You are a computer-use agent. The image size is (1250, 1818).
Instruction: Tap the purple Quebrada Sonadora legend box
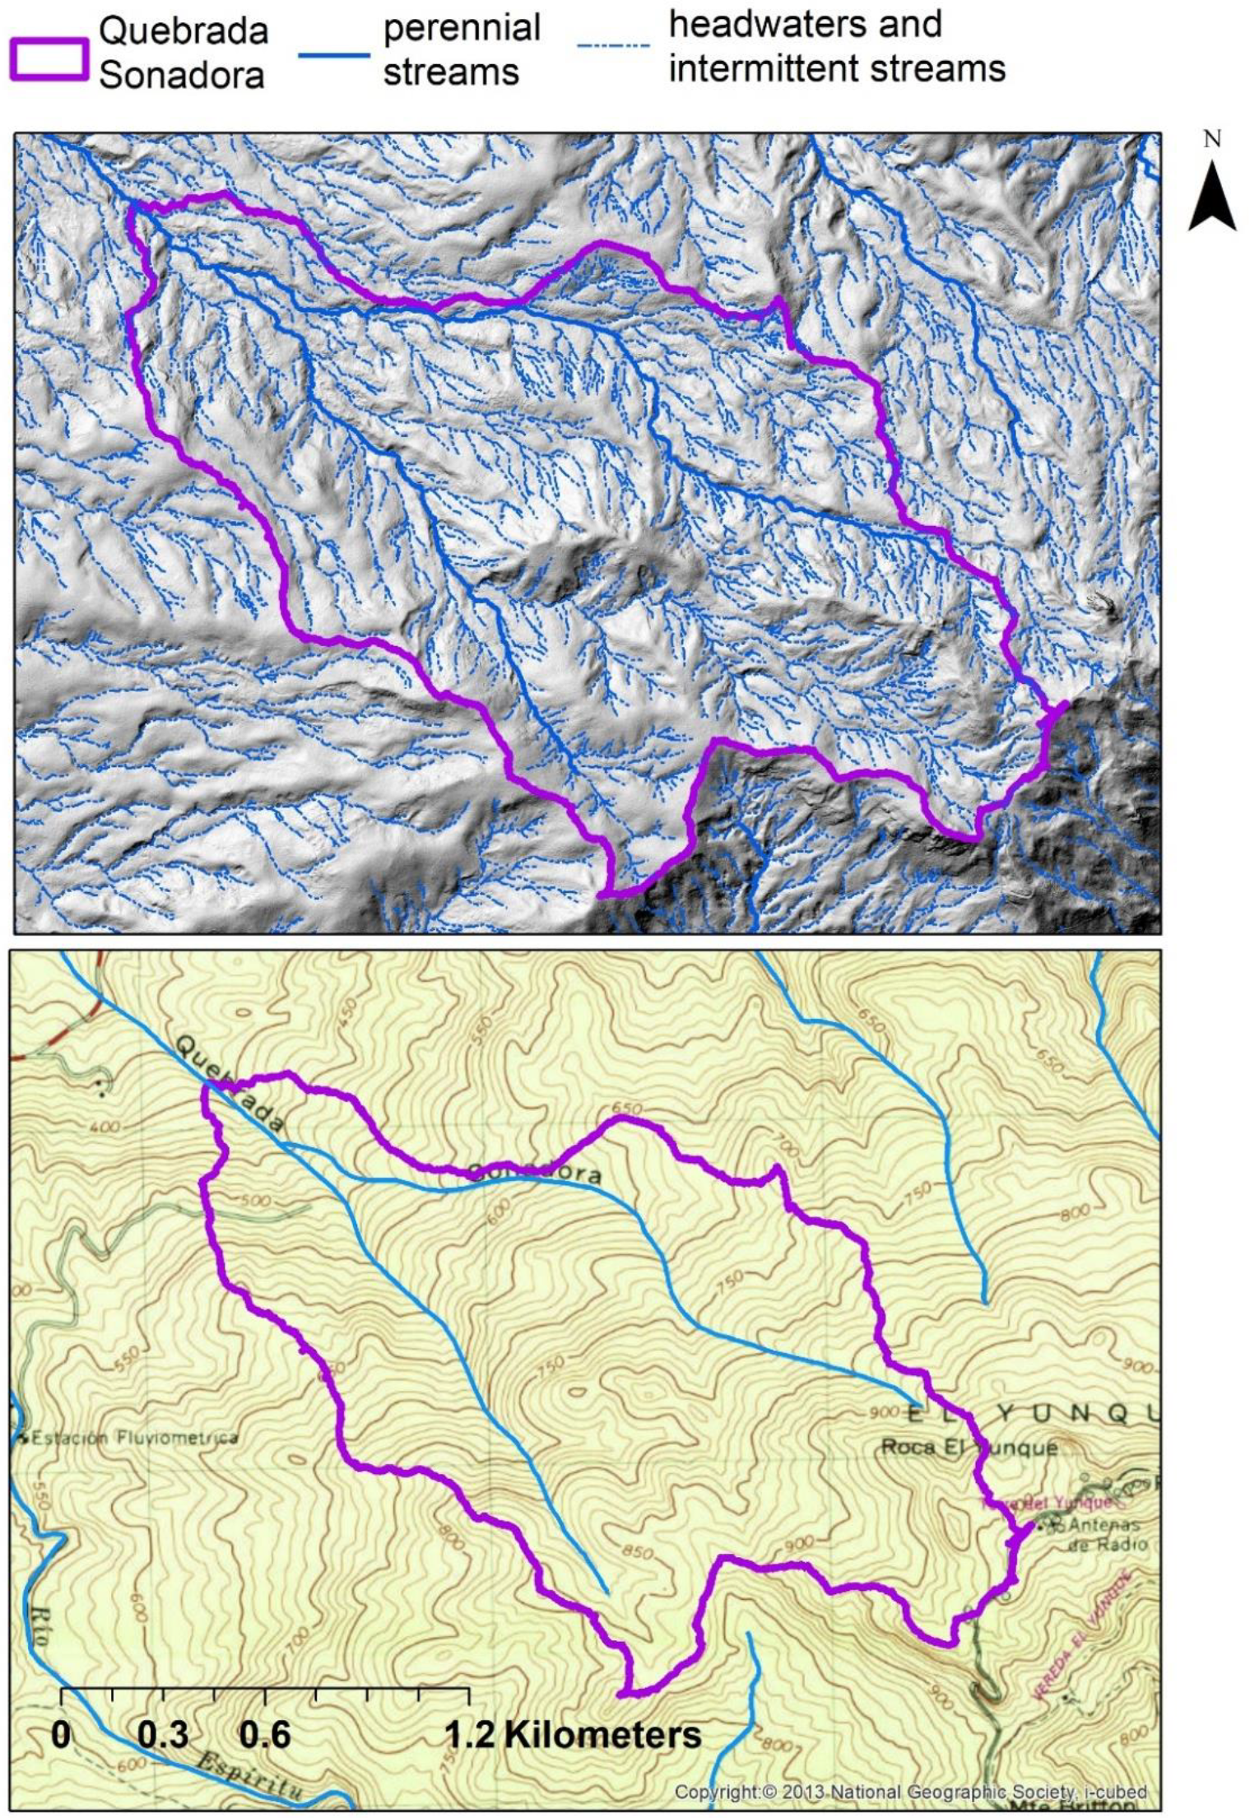[49, 59]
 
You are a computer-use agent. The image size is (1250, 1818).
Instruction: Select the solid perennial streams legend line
[332, 56]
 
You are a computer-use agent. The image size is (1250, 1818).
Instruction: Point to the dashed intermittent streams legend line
[613, 46]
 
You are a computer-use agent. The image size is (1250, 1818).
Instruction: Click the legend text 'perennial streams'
[462, 50]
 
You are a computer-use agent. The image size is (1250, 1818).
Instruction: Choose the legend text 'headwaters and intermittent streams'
[836, 47]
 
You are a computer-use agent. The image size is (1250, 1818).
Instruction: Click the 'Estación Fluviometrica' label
[132, 1438]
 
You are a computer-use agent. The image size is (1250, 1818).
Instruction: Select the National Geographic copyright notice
[910, 1791]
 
